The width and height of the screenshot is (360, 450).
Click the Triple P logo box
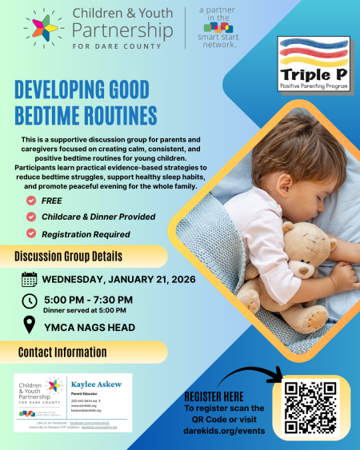[314, 63]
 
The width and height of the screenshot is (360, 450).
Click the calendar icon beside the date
[30, 280]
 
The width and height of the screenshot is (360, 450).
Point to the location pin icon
[30, 325]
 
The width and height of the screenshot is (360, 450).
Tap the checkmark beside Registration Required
[31, 233]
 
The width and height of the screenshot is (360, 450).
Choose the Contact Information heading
[64, 351]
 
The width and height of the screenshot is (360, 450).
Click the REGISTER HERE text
[214, 396]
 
